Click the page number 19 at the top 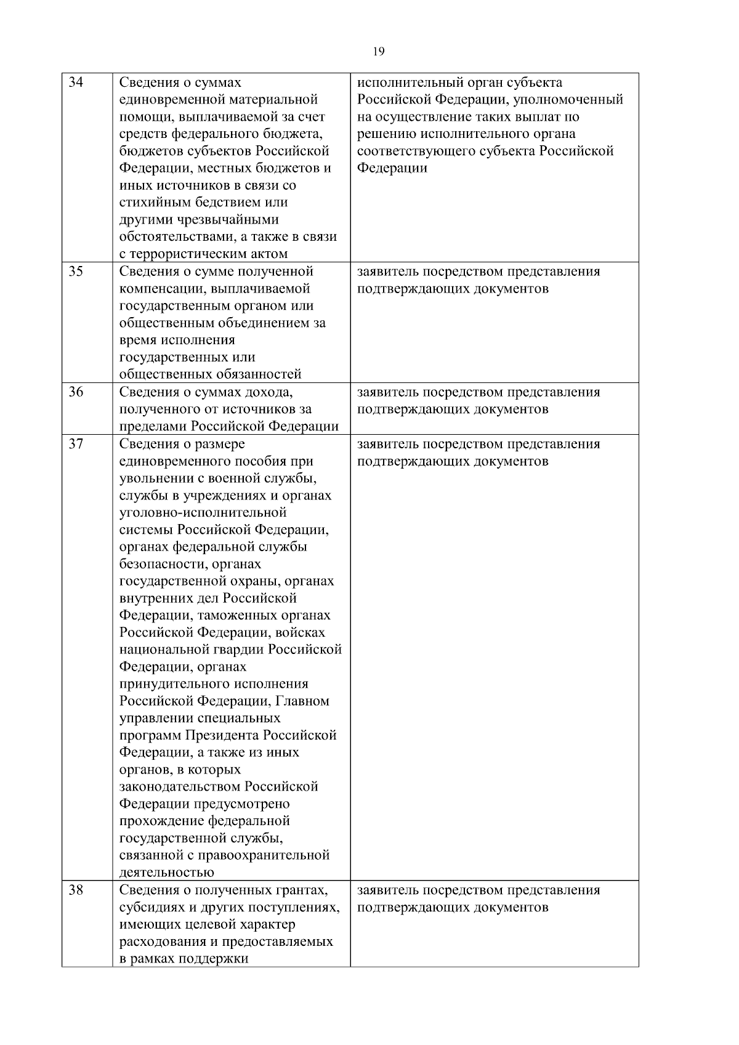379,52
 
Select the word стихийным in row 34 148,203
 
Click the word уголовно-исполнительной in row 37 203,512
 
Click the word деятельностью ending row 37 166,873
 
